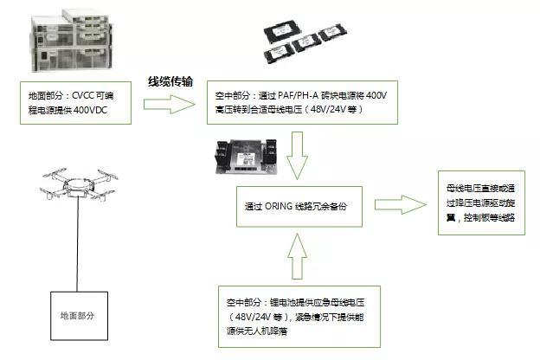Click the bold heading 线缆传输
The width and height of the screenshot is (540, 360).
(x=170, y=81)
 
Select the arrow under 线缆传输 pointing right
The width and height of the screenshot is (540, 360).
(x=169, y=104)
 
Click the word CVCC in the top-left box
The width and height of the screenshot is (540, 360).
(x=82, y=95)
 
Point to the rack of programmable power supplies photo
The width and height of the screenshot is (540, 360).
(x=73, y=41)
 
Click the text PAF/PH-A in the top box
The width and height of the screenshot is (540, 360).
(x=299, y=95)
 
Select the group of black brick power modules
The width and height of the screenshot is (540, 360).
(x=305, y=42)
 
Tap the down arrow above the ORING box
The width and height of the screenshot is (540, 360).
(x=297, y=156)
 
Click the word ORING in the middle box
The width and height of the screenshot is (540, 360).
(x=279, y=206)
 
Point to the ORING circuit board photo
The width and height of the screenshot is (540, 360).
(x=247, y=157)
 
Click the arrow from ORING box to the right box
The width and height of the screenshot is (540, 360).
(x=400, y=204)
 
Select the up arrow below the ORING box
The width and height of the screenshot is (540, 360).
(x=297, y=256)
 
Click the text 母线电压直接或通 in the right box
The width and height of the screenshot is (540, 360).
(x=481, y=189)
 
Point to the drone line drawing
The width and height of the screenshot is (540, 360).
(x=79, y=184)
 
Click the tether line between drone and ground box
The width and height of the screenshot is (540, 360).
(x=78, y=245)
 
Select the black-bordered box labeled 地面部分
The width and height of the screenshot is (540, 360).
(x=80, y=316)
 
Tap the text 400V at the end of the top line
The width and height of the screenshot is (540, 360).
(x=376, y=95)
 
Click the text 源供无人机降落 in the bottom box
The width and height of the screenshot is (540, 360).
(x=257, y=331)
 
